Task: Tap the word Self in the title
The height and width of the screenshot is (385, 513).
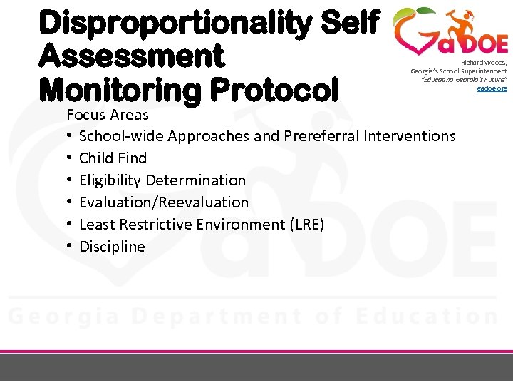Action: click(352, 23)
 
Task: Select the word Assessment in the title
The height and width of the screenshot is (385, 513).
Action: click(132, 56)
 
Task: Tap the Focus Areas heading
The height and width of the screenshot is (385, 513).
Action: click(108, 115)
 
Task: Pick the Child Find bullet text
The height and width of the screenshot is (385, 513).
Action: click(113, 158)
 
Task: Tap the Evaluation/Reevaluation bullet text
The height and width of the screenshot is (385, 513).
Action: click(164, 202)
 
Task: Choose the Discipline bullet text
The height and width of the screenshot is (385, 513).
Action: click(112, 247)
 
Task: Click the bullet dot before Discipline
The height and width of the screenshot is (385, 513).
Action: click(71, 247)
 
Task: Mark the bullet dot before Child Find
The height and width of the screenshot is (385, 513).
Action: click(71, 158)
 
